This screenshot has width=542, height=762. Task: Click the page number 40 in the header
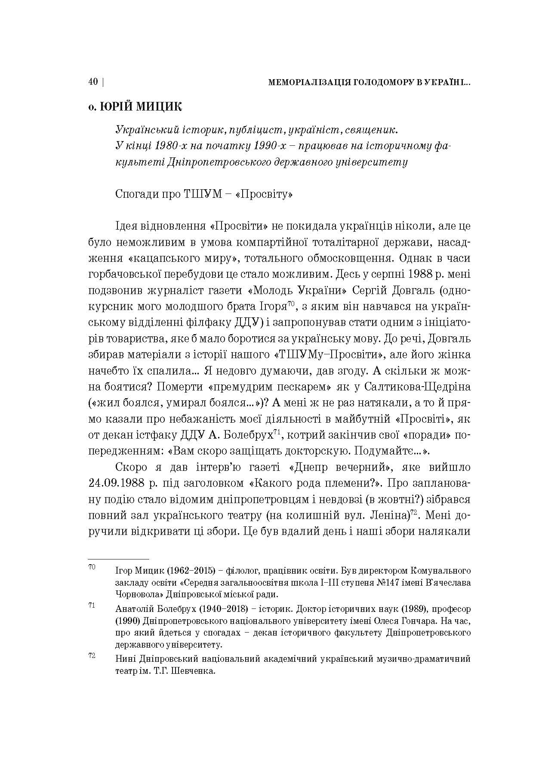coord(93,82)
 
